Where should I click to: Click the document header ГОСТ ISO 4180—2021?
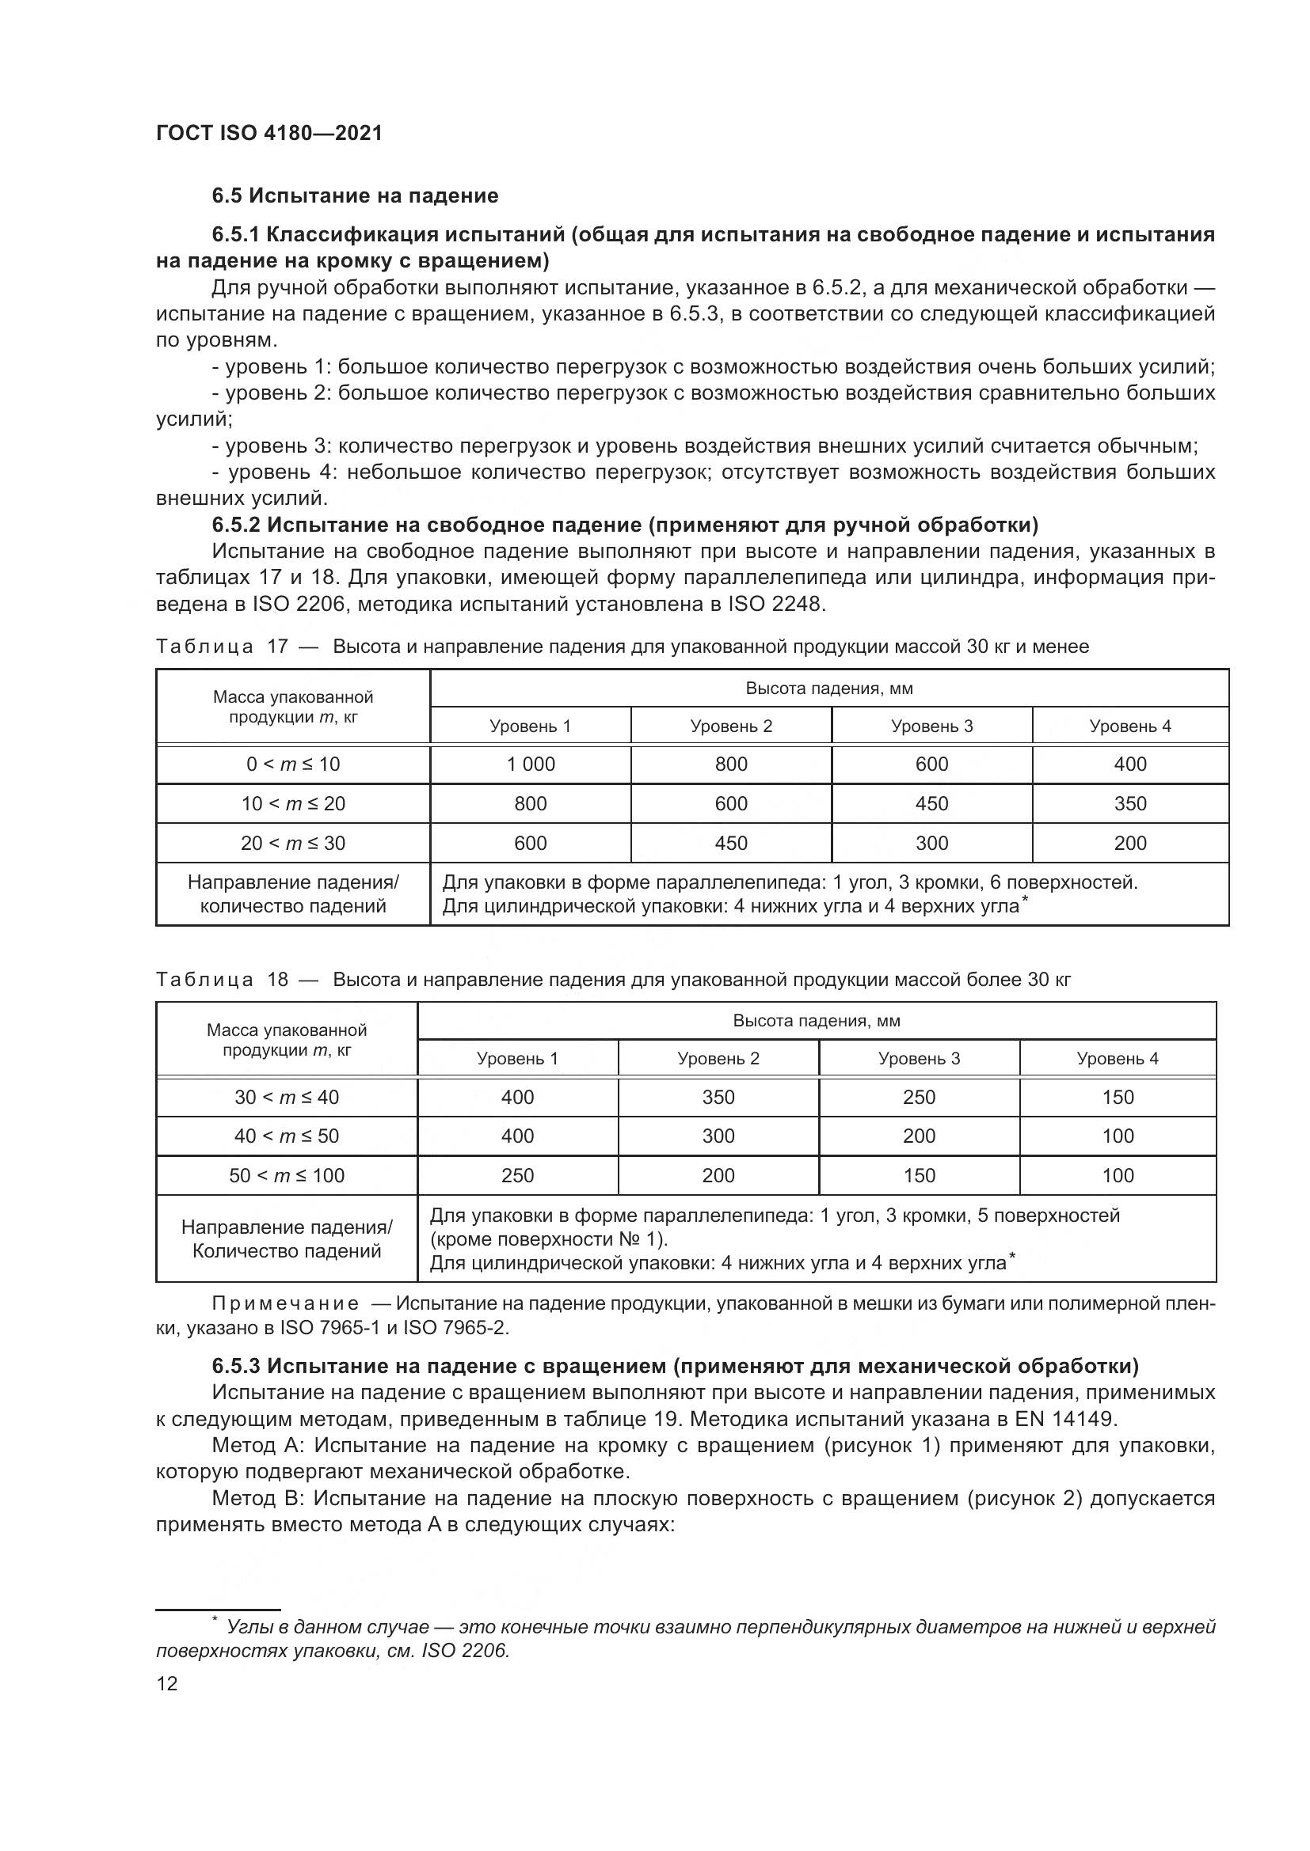point(268,133)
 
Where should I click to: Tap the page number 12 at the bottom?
point(167,1683)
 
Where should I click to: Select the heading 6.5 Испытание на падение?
point(355,196)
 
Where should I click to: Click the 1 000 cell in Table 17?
point(530,764)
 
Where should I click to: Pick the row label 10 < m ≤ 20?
point(293,804)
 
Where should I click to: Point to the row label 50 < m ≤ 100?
point(287,1175)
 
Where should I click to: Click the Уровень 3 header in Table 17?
point(931,726)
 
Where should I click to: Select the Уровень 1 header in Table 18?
point(517,1059)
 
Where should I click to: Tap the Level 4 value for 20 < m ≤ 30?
point(1130,844)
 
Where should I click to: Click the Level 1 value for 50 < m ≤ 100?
point(517,1175)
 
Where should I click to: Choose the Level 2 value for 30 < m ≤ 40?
point(718,1097)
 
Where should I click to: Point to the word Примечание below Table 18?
point(286,1304)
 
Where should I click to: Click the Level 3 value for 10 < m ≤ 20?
point(931,804)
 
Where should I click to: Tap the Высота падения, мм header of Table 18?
point(817,1021)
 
